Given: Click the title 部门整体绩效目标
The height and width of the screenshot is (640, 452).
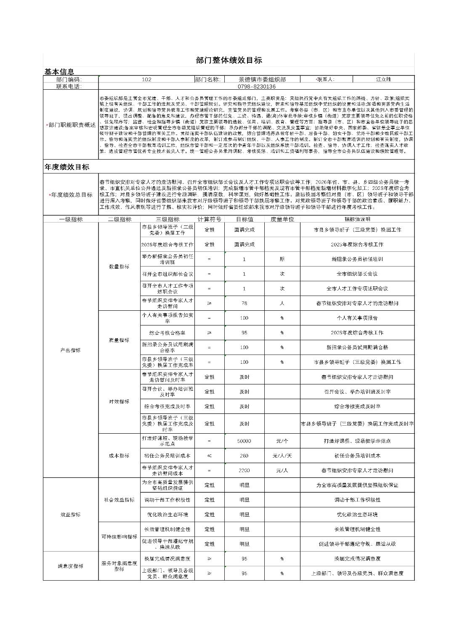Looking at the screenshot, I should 229,60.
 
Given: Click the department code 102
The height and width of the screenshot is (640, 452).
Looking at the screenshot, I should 146,79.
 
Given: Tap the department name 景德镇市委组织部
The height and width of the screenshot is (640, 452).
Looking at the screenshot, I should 262,79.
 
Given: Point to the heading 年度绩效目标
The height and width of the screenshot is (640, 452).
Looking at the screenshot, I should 67,167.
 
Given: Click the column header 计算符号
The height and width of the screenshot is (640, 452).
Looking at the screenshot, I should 209,219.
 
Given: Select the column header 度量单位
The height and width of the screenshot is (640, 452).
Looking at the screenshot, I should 282,219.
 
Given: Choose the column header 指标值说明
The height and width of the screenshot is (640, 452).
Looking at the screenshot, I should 357,219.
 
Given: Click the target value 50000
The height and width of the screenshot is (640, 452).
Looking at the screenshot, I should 244,441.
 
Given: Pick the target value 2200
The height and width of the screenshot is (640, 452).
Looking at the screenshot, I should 244,470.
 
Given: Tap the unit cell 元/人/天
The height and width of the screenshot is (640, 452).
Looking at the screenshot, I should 282,456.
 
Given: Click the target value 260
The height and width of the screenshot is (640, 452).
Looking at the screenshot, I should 244,456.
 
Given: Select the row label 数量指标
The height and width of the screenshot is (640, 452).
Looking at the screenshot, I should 119,267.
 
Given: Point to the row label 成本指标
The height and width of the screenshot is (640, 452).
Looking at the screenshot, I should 119,456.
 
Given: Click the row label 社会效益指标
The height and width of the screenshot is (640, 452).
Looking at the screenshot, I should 119,500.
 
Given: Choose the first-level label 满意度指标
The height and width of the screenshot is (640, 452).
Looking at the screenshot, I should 70,566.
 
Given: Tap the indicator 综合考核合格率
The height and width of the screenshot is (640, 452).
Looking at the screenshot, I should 167,333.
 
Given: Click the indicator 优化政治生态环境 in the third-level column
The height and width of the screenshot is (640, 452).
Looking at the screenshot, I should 167,515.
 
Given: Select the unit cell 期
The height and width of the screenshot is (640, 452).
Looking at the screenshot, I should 282,259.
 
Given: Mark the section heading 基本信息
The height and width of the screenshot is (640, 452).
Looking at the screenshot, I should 59,72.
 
